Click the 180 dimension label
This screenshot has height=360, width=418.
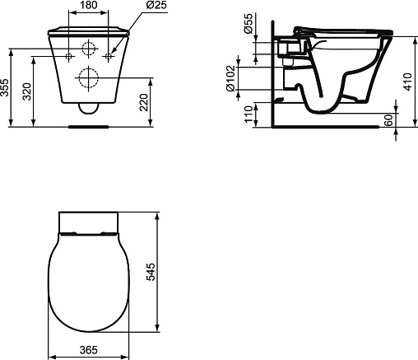click(x=89, y=5)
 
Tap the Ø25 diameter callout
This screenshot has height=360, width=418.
click(x=156, y=5)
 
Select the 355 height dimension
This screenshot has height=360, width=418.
click(x=4, y=88)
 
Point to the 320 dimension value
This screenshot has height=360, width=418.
click(x=26, y=91)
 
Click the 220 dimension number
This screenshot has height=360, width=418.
click(x=144, y=102)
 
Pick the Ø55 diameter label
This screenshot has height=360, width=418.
click(x=248, y=24)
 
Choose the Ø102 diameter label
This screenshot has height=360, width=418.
click(x=230, y=78)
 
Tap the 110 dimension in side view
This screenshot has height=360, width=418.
click(x=248, y=114)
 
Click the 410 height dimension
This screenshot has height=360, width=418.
click(x=408, y=82)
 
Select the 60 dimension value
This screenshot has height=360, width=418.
click(x=389, y=120)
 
